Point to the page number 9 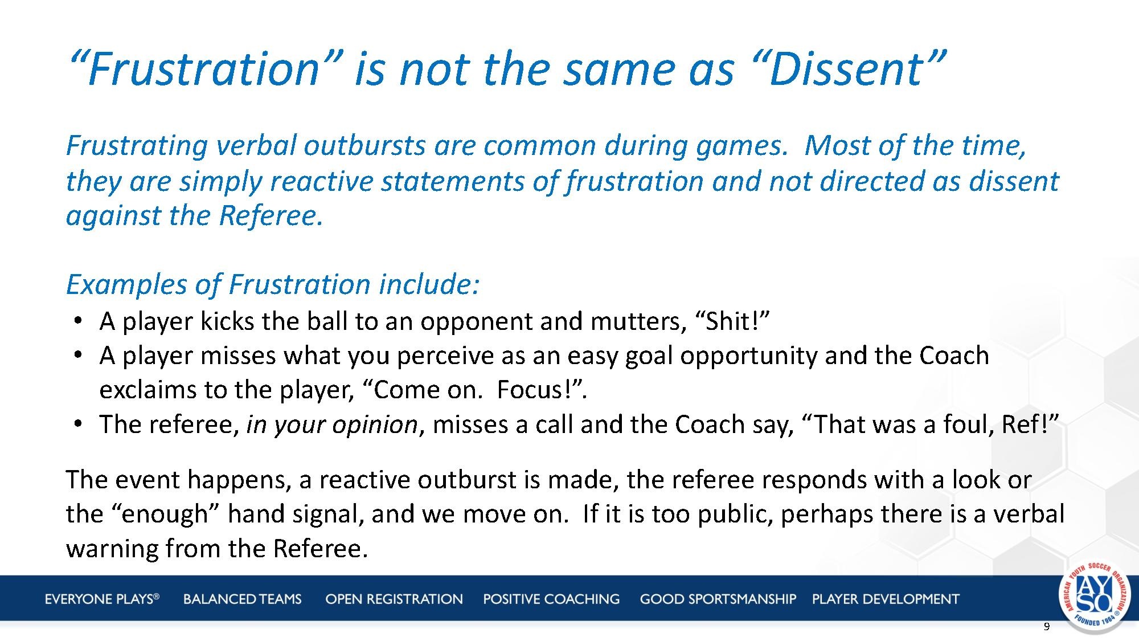click(x=1046, y=627)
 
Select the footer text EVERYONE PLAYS click(x=102, y=599)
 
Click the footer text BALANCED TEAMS click(x=242, y=599)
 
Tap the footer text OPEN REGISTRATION click(x=394, y=599)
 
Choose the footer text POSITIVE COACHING click(x=551, y=599)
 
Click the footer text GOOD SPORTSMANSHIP click(x=718, y=599)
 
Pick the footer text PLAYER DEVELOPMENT click(x=886, y=599)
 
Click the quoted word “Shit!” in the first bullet click(x=732, y=321)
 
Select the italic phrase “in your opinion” click(x=332, y=425)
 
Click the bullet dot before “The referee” click(x=78, y=424)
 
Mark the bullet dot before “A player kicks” click(x=78, y=321)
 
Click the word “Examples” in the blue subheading click(x=126, y=284)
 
